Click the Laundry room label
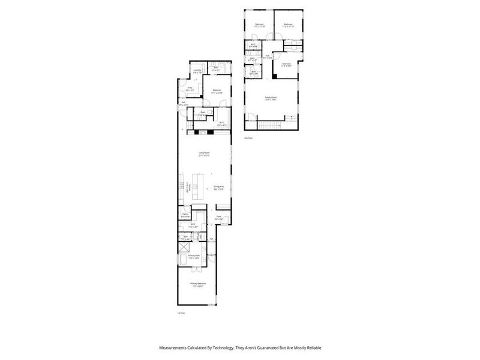197,71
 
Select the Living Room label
204,153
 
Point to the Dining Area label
219,187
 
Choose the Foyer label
219,217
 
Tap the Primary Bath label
194,256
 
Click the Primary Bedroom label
198,284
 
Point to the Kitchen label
188,188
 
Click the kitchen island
202,187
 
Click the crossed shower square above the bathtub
185,246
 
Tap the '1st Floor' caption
180,313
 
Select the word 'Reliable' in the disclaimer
311,348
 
